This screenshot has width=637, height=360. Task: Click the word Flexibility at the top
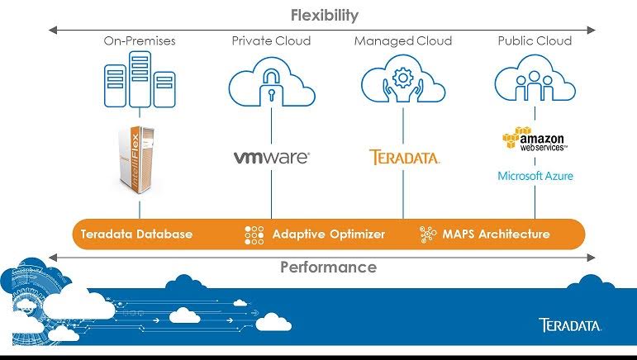click(324, 15)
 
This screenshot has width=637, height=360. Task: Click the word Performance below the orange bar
click(328, 267)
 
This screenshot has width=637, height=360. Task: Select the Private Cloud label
click(270, 40)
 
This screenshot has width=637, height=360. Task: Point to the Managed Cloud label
click(402, 40)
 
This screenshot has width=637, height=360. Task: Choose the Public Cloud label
click(535, 40)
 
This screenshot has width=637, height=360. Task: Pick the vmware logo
click(271, 157)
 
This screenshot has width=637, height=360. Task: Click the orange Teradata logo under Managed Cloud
click(404, 157)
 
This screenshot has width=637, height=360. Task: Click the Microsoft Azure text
click(535, 176)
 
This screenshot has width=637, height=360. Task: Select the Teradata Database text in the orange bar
click(136, 234)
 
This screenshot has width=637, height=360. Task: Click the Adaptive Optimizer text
click(328, 234)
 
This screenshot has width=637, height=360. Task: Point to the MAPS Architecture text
click(496, 234)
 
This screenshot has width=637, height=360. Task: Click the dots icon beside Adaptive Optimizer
click(254, 234)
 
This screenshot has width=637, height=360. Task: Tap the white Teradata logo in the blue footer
click(570, 324)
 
